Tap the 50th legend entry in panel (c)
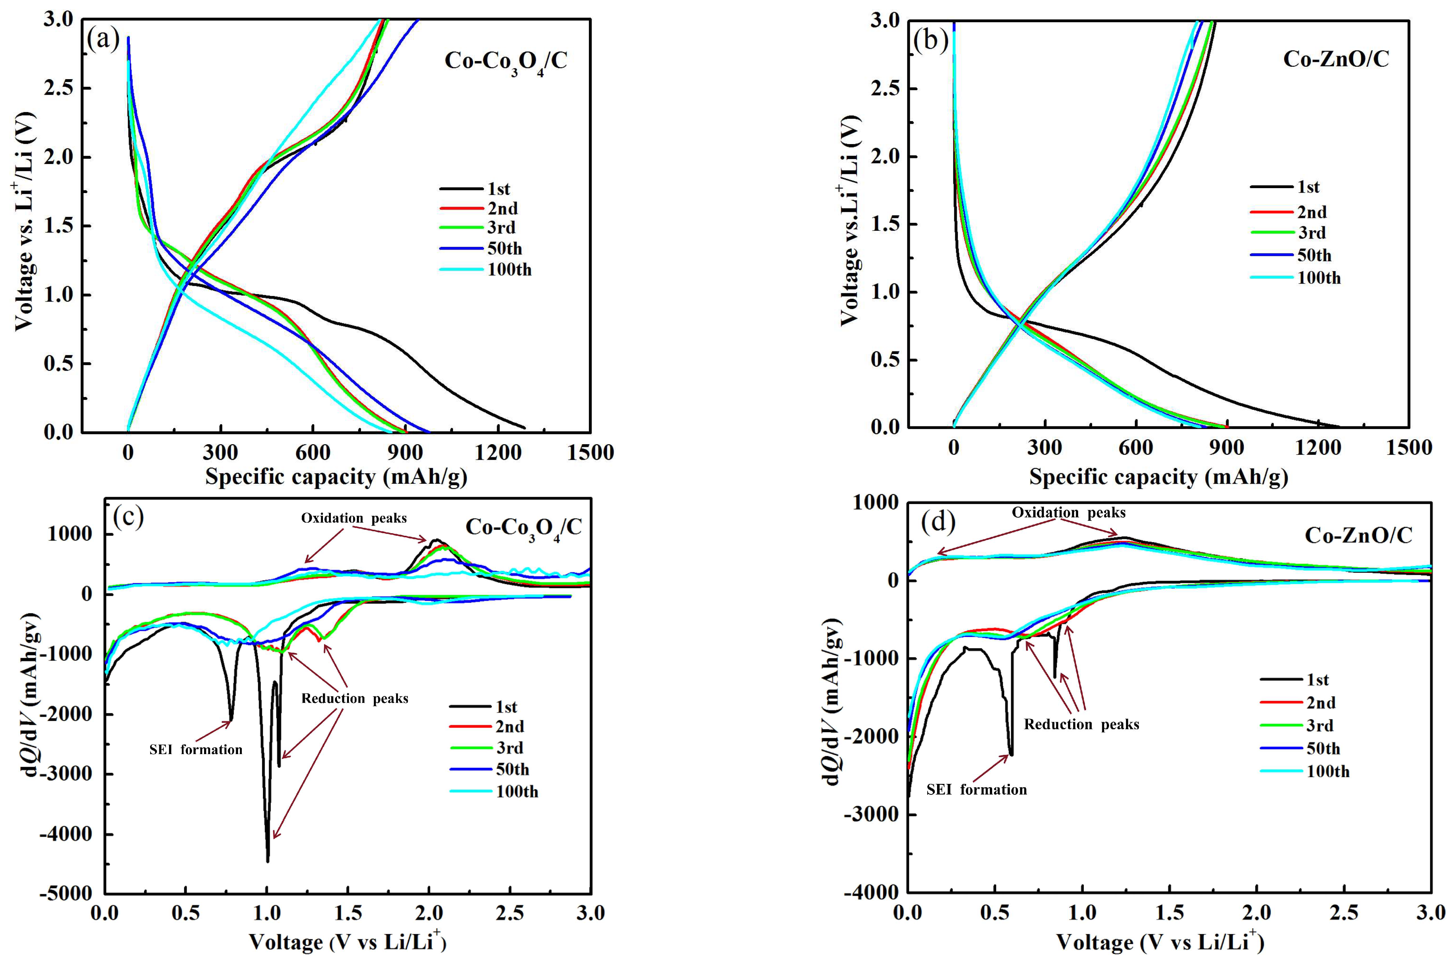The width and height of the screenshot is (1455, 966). (x=512, y=770)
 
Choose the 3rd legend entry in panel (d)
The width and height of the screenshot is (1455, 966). (x=1320, y=726)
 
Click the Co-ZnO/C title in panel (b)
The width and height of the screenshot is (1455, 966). (x=1335, y=59)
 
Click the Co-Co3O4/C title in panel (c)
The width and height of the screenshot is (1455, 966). (x=522, y=528)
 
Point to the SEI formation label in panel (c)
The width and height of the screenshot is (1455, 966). (x=195, y=750)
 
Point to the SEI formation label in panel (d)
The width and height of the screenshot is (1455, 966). (x=976, y=790)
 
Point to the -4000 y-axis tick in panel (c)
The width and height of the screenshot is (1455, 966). (x=66, y=834)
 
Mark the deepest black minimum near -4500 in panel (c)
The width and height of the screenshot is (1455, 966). (x=267, y=861)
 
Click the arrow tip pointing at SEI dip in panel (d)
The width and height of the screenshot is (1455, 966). (x=1008, y=755)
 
